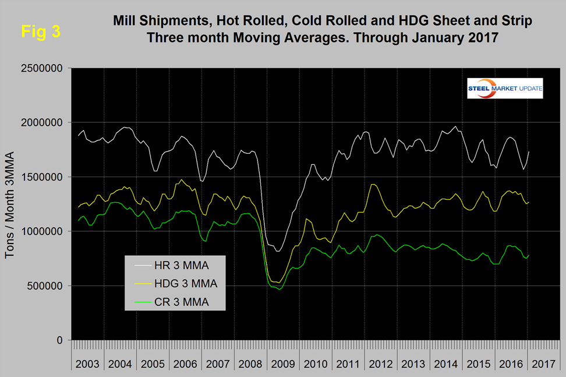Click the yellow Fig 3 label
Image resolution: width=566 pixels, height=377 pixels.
click(40, 31)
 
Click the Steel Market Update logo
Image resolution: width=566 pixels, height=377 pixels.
click(505, 89)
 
